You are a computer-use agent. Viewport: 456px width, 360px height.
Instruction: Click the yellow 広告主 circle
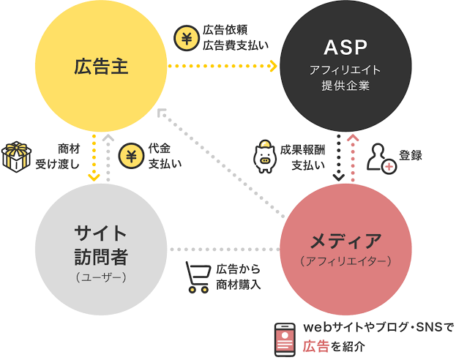click(x=101, y=66)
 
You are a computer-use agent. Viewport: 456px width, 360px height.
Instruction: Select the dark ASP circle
click(x=345, y=66)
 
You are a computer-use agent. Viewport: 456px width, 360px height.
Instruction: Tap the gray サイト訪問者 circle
click(x=101, y=250)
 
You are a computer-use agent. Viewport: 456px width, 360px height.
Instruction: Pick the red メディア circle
click(x=345, y=250)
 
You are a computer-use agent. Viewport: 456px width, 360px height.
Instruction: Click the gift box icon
click(x=16, y=157)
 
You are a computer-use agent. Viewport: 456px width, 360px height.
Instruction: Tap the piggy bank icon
click(x=265, y=156)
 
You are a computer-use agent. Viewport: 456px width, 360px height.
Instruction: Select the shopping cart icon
click(x=198, y=277)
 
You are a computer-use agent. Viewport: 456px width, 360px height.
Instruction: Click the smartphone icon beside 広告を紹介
click(x=285, y=340)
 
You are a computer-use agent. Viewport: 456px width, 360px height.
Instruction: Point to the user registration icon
click(x=381, y=159)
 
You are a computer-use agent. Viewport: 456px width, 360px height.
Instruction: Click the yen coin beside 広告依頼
click(x=187, y=38)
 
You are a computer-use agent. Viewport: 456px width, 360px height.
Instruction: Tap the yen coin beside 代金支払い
click(x=131, y=156)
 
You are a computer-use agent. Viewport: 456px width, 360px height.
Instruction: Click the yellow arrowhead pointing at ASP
click(x=273, y=66)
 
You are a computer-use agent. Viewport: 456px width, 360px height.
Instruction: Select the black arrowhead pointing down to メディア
click(x=338, y=177)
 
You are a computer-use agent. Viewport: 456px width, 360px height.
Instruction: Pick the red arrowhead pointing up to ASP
click(x=353, y=138)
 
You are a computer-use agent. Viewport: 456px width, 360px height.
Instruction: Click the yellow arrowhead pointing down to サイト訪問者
click(x=94, y=177)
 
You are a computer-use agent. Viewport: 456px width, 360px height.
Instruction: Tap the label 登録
click(x=411, y=156)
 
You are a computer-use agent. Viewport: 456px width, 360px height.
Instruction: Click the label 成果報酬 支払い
click(x=302, y=157)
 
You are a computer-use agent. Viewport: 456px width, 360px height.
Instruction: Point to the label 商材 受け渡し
click(x=58, y=157)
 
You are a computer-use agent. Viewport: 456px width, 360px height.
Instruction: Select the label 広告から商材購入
click(x=238, y=277)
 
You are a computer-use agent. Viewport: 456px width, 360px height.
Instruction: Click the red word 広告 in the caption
click(x=315, y=346)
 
